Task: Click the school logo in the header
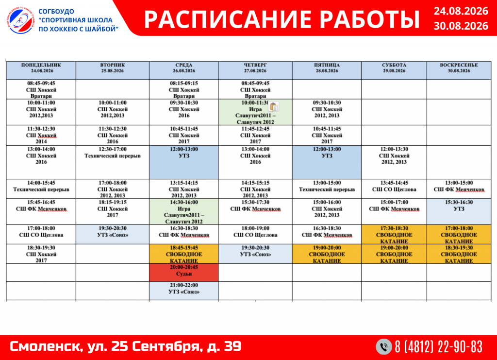[21, 20]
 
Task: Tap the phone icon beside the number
[384, 346]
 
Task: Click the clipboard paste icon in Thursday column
[274, 106]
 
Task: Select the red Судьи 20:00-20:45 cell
[184, 273]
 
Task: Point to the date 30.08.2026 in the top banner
[461, 26]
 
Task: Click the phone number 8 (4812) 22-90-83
[438, 347]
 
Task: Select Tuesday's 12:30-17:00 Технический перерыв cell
[113, 162]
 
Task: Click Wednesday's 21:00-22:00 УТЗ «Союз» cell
[184, 291]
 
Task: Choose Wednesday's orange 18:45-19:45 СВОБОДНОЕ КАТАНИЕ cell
[184, 254]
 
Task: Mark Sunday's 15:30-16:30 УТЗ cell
[459, 211]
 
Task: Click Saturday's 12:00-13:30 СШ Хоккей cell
[394, 162]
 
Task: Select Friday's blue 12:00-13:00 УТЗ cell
[327, 162]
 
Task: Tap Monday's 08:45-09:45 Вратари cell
[41, 89]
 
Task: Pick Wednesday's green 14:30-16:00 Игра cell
[184, 211]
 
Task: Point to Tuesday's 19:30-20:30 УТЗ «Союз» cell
[113, 234]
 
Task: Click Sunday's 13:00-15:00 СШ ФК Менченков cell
[459, 189]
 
